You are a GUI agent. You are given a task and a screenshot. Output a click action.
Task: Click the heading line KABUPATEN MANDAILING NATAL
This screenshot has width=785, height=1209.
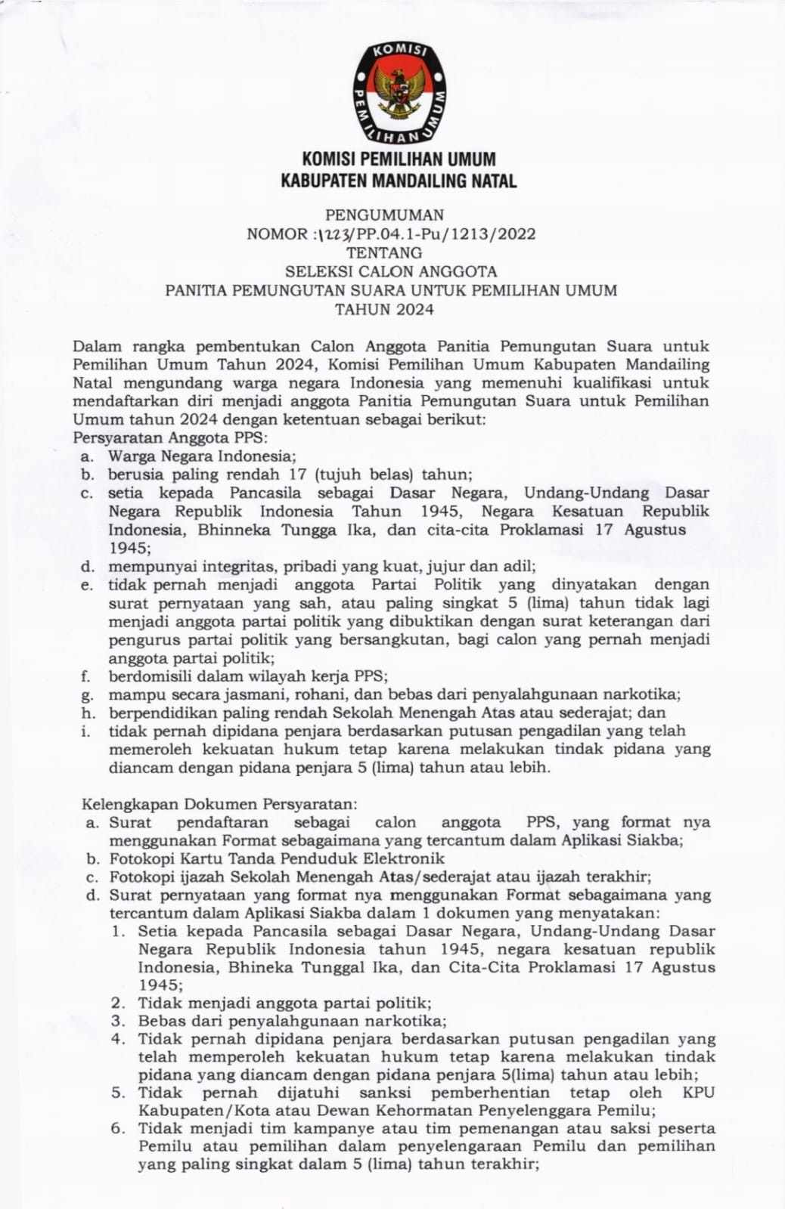(x=399, y=181)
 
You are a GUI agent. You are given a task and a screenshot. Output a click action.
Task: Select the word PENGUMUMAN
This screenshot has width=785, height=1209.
(x=385, y=215)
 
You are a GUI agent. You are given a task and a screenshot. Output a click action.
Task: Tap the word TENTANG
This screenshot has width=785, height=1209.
(x=385, y=252)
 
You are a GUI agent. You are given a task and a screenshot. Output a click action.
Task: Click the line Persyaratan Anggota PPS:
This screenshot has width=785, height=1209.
(x=171, y=438)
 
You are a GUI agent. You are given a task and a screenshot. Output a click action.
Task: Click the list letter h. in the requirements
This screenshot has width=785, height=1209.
(x=87, y=713)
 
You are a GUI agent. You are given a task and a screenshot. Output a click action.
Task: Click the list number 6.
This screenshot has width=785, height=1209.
(x=117, y=1129)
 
